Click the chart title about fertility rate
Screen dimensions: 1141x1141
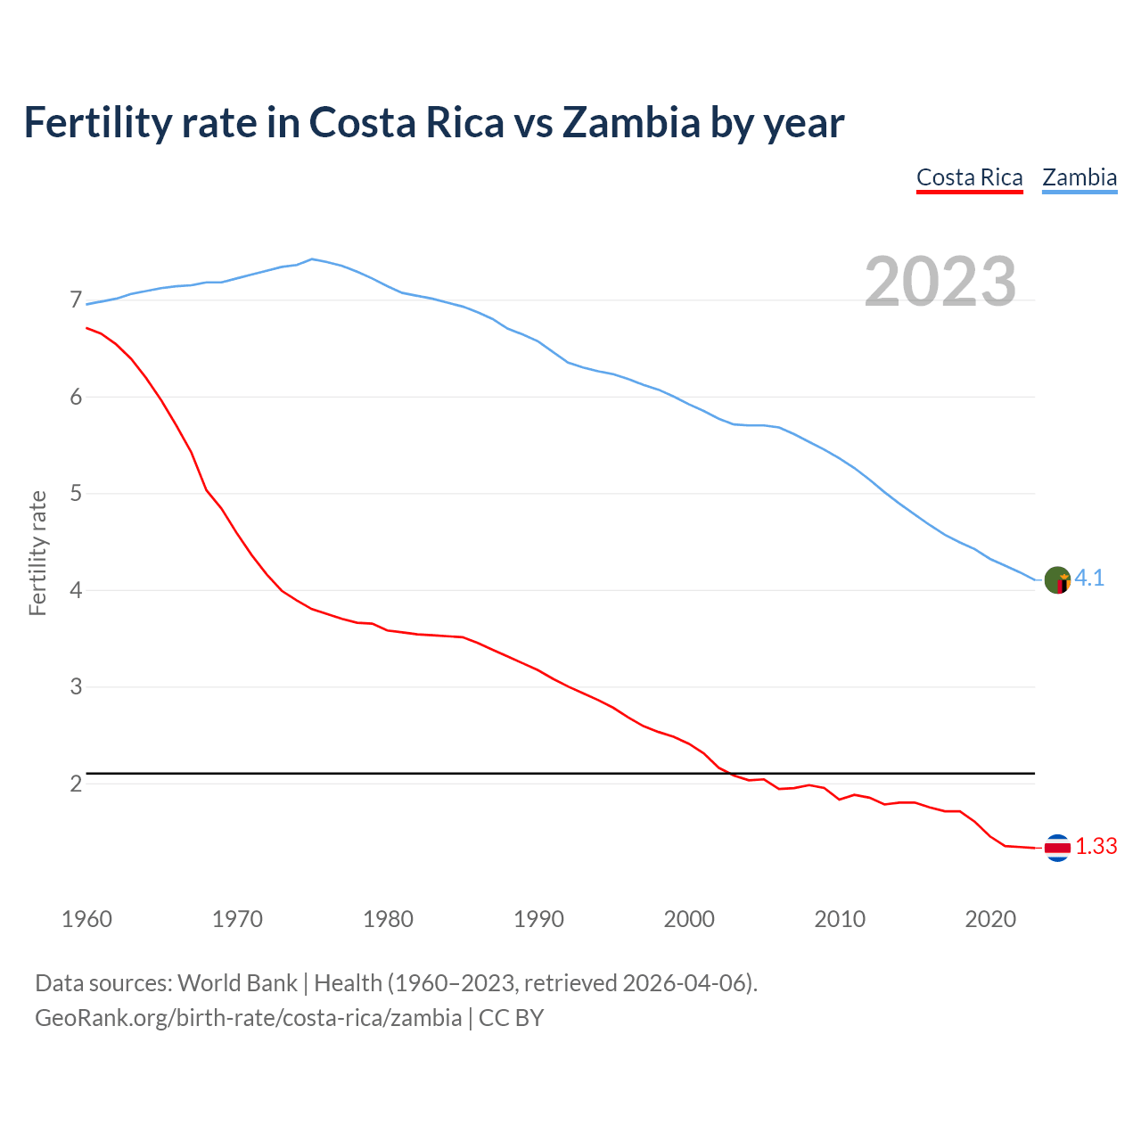[433, 123]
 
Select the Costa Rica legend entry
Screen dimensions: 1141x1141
[969, 177]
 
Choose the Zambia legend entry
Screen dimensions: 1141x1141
[1079, 177]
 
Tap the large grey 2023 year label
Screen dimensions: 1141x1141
[940, 282]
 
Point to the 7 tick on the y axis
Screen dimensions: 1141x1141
[76, 300]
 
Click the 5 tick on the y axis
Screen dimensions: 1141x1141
[76, 493]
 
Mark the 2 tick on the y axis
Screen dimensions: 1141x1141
[76, 784]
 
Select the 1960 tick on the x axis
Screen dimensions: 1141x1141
[86, 919]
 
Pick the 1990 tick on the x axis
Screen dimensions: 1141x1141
[538, 919]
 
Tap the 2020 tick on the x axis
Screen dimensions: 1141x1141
[990, 919]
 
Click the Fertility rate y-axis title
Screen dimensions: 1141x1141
[37, 553]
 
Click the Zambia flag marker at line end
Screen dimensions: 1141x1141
[1057, 579]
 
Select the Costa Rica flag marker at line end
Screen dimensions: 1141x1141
[1057, 848]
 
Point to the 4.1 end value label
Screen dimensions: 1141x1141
[1089, 579]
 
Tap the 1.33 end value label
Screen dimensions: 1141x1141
[1096, 847]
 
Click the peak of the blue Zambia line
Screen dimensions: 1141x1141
[311, 259]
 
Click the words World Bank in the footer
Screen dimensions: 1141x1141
[237, 983]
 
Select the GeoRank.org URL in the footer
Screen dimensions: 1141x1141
[248, 1018]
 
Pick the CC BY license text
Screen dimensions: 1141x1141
[511, 1018]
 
